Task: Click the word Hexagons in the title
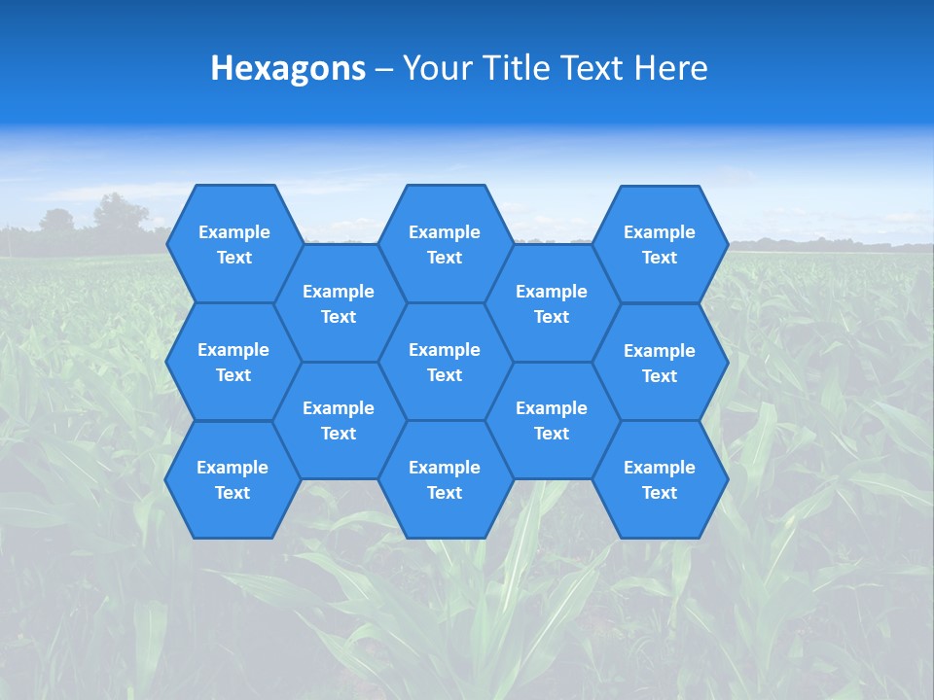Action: [288, 68]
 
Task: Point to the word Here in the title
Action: [671, 68]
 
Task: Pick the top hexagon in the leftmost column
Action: [233, 244]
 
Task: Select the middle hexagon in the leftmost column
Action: [233, 362]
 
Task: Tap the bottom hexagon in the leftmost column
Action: [233, 479]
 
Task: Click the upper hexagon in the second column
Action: [339, 303]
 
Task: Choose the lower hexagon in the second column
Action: [339, 420]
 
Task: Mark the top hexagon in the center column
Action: [445, 244]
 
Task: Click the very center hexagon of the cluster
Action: [445, 362]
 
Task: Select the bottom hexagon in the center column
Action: [445, 479]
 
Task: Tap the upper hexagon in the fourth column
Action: [552, 303]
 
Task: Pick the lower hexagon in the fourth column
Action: [552, 420]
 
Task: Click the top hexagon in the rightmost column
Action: [660, 244]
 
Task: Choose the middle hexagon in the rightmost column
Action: [660, 363]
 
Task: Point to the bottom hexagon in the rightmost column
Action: [660, 479]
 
